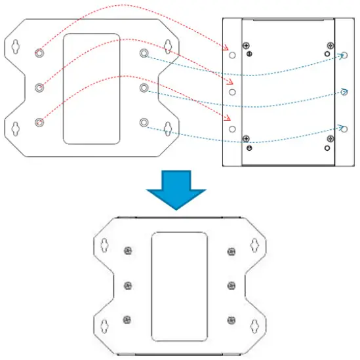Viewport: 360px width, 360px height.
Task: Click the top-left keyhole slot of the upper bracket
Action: pos(15,47)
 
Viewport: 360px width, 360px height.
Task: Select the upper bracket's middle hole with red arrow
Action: pos(39,87)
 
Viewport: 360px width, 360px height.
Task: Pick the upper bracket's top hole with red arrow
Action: pos(39,52)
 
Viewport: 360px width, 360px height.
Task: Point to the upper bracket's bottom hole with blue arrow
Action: pos(144,122)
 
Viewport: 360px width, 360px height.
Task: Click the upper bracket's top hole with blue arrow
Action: pos(144,52)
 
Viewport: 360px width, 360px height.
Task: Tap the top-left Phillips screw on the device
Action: pos(247,47)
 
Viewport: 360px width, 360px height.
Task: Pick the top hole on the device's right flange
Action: pos(345,56)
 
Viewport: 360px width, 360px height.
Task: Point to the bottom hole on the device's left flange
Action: pos(231,129)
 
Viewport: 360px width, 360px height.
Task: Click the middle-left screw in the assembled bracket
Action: pos(127,285)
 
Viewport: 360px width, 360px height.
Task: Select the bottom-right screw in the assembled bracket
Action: pos(231,320)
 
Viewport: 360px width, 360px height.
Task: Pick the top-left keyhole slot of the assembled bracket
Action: pos(103,245)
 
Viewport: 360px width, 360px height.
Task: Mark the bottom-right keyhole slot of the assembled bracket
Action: pos(255,325)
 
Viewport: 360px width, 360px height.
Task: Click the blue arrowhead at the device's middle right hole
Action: pos(342,90)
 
